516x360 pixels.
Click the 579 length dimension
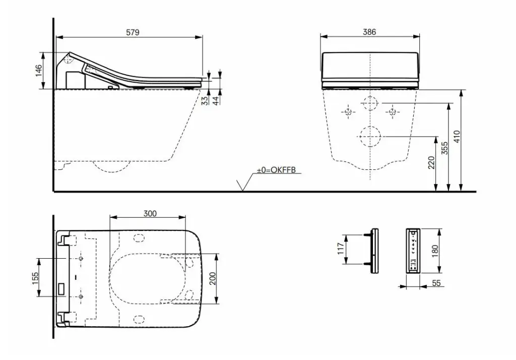point(133,32)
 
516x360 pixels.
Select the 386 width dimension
point(369,32)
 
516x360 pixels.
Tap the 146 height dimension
point(39,71)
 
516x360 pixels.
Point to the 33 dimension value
point(205,100)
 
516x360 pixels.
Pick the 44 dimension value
point(216,100)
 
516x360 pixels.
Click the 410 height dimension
point(457,137)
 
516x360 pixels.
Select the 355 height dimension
point(444,148)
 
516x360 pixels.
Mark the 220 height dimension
point(431,163)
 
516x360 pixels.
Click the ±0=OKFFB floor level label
point(277,170)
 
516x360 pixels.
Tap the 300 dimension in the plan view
point(150,213)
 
